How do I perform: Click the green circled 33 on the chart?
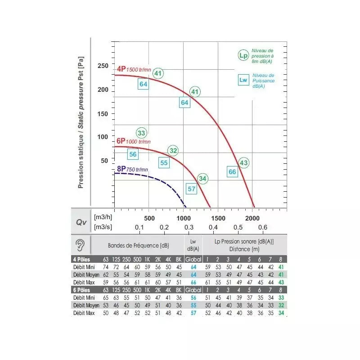click(142, 133)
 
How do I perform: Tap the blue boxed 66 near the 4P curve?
click(232, 171)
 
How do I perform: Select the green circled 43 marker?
click(244, 162)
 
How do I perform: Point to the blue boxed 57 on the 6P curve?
click(192, 189)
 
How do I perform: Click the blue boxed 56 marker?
click(133, 154)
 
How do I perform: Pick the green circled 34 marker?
click(202, 179)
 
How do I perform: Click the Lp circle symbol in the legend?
click(243, 56)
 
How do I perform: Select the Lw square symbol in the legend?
click(243, 80)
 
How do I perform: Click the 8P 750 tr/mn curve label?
click(132, 169)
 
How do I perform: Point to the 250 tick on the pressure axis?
click(103, 66)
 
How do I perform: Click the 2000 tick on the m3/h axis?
click(253, 218)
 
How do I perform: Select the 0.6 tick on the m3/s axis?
click(262, 227)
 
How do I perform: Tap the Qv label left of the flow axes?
click(81, 222)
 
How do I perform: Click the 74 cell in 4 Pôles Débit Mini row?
click(106, 267)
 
